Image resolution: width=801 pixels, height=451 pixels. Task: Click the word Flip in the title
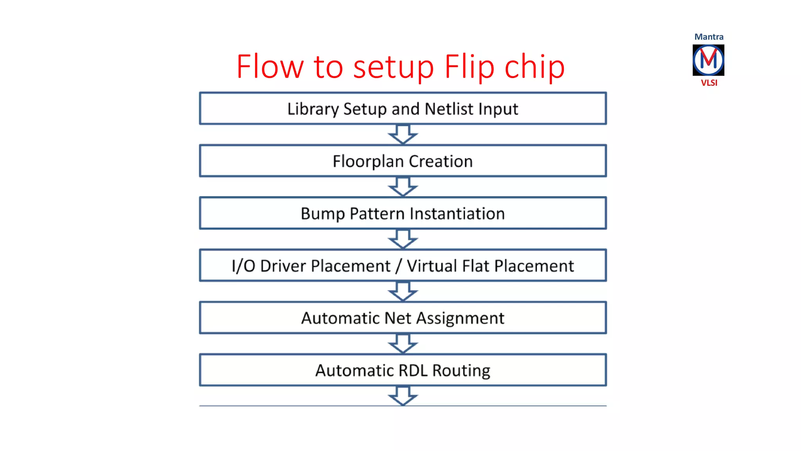(x=469, y=67)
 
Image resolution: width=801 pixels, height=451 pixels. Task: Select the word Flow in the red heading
(x=270, y=67)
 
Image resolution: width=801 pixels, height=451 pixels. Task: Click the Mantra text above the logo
(x=709, y=37)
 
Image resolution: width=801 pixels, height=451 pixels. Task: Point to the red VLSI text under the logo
(x=709, y=83)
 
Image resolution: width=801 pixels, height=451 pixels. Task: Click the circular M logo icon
(x=708, y=60)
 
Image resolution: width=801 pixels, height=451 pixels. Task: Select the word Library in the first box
(x=312, y=109)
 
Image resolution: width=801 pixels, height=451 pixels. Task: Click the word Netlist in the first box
(x=449, y=109)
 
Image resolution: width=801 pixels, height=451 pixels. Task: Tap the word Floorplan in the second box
(x=368, y=161)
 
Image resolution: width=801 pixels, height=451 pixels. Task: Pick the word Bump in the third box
(x=323, y=214)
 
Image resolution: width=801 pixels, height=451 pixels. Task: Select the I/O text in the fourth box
(x=243, y=266)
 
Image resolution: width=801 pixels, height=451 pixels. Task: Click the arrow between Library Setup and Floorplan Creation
(x=403, y=134)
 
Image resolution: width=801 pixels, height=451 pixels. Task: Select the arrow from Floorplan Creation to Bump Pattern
(x=403, y=187)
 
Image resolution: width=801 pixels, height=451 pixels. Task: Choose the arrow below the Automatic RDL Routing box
(x=403, y=395)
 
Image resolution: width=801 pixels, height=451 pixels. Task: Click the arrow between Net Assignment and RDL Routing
(x=403, y=343)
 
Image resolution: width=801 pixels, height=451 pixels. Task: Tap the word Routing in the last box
(x=461, y=371)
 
